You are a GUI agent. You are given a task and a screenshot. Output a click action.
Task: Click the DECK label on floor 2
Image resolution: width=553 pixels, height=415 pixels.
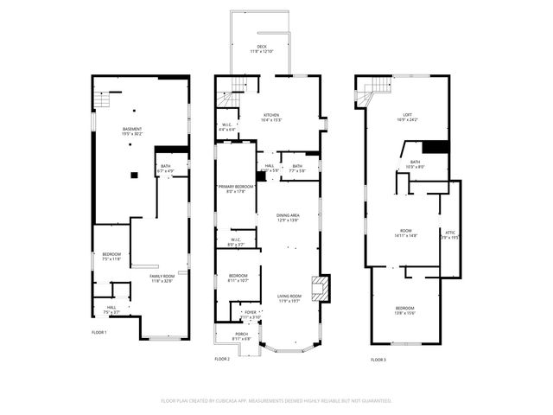click(262, 47)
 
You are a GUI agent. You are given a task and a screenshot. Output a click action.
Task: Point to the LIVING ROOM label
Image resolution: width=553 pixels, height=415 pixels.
click(289, 297)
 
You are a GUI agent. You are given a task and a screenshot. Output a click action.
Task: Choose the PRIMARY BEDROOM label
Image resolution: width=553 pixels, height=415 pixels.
click(235, 187)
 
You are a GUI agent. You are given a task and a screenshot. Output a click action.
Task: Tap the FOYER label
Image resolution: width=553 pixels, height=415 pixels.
click(251, 312)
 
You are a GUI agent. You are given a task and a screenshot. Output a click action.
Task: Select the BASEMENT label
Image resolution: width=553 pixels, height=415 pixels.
click(132, 130)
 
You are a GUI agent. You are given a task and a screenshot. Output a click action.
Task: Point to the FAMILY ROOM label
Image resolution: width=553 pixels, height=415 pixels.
click(162, 277)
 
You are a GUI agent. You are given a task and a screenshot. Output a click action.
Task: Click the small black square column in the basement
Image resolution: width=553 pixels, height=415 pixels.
click(134, 175)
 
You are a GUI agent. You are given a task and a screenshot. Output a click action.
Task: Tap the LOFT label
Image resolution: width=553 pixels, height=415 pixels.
click(407, 115)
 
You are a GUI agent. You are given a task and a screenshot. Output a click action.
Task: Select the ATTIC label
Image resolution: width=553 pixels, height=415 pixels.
click(449, 232)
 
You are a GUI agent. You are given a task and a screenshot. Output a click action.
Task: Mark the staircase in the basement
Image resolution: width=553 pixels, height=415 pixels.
click(102, 101)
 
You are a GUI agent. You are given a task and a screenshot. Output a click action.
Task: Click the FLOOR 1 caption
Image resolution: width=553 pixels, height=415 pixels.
click(99, 332)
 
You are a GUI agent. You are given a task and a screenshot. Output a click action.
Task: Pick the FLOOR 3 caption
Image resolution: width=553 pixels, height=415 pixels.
click(378, 359)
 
